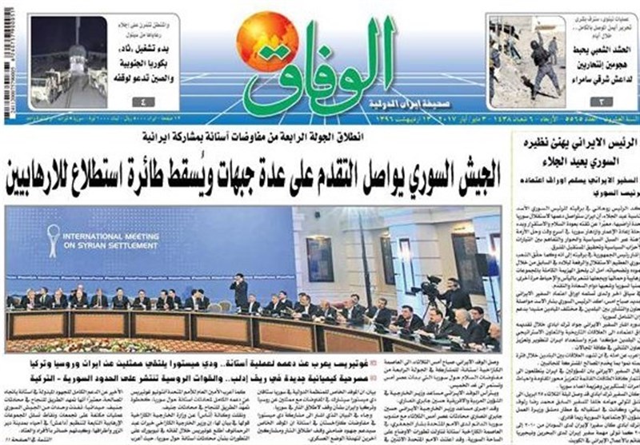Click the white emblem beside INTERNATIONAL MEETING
click(x=54, y=240)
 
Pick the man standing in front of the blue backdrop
click(x=239, y=292)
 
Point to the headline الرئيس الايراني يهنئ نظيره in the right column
click(x=576, y=145)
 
